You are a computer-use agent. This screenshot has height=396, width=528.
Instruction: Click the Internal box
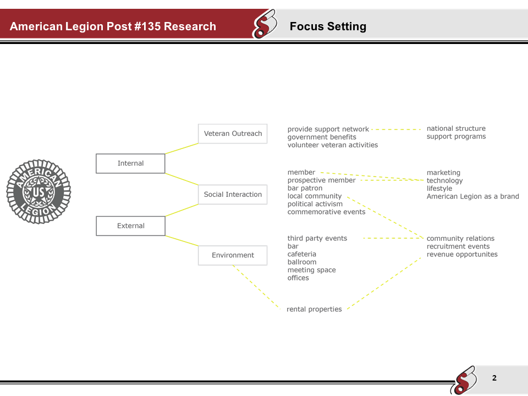[130, 163]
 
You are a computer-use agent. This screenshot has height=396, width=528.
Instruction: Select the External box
[130, 226]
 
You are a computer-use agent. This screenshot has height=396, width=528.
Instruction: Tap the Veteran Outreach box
[233, 134]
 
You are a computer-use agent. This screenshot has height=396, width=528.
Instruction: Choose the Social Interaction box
[233, 195]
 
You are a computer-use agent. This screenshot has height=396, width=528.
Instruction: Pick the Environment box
[233, 255]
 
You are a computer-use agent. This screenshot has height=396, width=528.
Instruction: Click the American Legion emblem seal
[38, 192]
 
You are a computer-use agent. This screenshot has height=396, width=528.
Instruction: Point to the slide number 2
[494, 378]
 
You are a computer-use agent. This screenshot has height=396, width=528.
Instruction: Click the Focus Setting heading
[328, 26]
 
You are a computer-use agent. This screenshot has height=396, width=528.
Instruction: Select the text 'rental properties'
[314, 309]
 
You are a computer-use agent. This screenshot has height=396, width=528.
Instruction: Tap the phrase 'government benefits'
[322, 137]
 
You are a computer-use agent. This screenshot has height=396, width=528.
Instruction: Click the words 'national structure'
[456, 129]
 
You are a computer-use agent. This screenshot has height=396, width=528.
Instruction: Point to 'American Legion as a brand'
[472, 196]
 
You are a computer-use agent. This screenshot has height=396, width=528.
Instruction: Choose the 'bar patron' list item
[305, 188]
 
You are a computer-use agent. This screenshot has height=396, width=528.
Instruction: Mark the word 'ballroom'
[302, 262]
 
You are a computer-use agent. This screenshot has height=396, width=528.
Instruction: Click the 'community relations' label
[460, 239]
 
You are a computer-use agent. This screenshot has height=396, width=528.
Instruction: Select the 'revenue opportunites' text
[462, 254]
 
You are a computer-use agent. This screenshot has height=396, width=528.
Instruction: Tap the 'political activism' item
[315, 204]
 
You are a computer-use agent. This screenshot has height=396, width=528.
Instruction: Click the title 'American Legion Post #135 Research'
[113, 26]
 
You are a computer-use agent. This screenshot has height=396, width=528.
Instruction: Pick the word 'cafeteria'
[302, 254]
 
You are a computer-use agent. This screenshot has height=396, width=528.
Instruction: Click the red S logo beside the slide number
[464, 380]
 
